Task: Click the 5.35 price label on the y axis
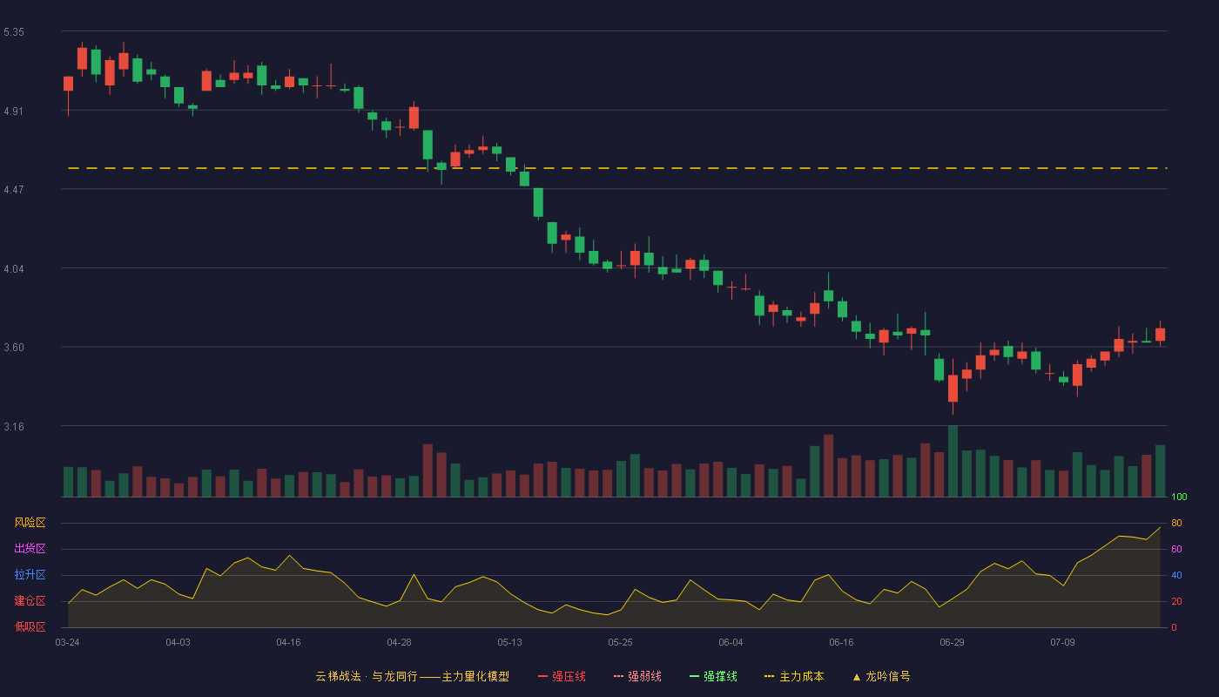click(x=14, y=32)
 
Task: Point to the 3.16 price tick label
click(x=14, y=426)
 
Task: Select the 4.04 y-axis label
click(x=14, y=269)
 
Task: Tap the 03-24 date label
click(x=68, y=643)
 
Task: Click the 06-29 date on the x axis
click(x=952, y=643)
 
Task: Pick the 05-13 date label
click(x=509, y=643)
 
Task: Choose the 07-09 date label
click(x=1062, y=643)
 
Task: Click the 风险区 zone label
click(x=30, y=523)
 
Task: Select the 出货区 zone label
click(x=30, y=548)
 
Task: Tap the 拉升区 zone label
click(x=30, y=574)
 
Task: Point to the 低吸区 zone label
click(x=30, y=626)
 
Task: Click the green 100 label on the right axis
click(x=1179, y=497)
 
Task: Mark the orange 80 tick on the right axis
click(x=1176, y=523)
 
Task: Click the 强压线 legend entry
click(x=562, y=676)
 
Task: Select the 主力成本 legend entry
click(x=794, y=676)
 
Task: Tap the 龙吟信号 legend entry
click(x=881, y=676)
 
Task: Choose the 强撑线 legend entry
click(x=713, y=676)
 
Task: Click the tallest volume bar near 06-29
click(x=953, y=461)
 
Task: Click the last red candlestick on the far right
click(x=1160, y=335)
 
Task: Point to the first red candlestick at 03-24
click(x=68, y=84)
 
